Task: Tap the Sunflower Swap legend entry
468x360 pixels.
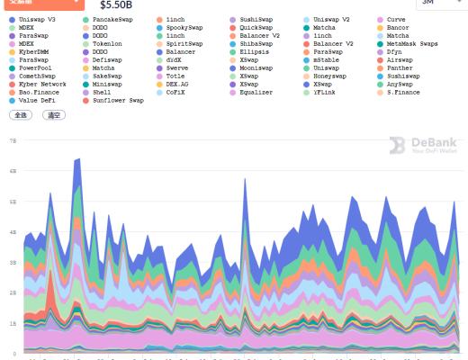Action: click(x=118, y=101)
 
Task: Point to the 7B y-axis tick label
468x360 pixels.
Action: click(x=13, y=141)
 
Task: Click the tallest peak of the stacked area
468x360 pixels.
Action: click(x=78, y=159)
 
